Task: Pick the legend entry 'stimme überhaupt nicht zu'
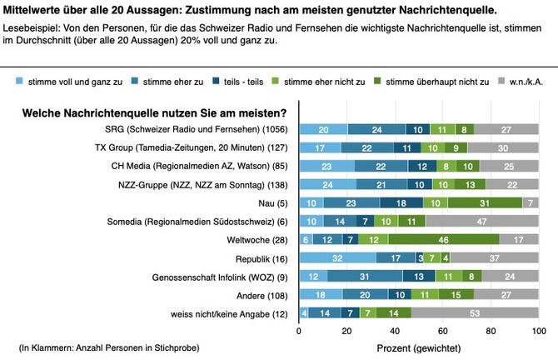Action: coord(426,82)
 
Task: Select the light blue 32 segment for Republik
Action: coord(337,257)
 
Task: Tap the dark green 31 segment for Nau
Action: coord(486,202)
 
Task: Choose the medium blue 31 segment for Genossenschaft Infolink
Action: coord(365,276)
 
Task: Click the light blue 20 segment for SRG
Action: coord(323,129)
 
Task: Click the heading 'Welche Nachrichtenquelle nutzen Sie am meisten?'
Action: coord(154,112)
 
